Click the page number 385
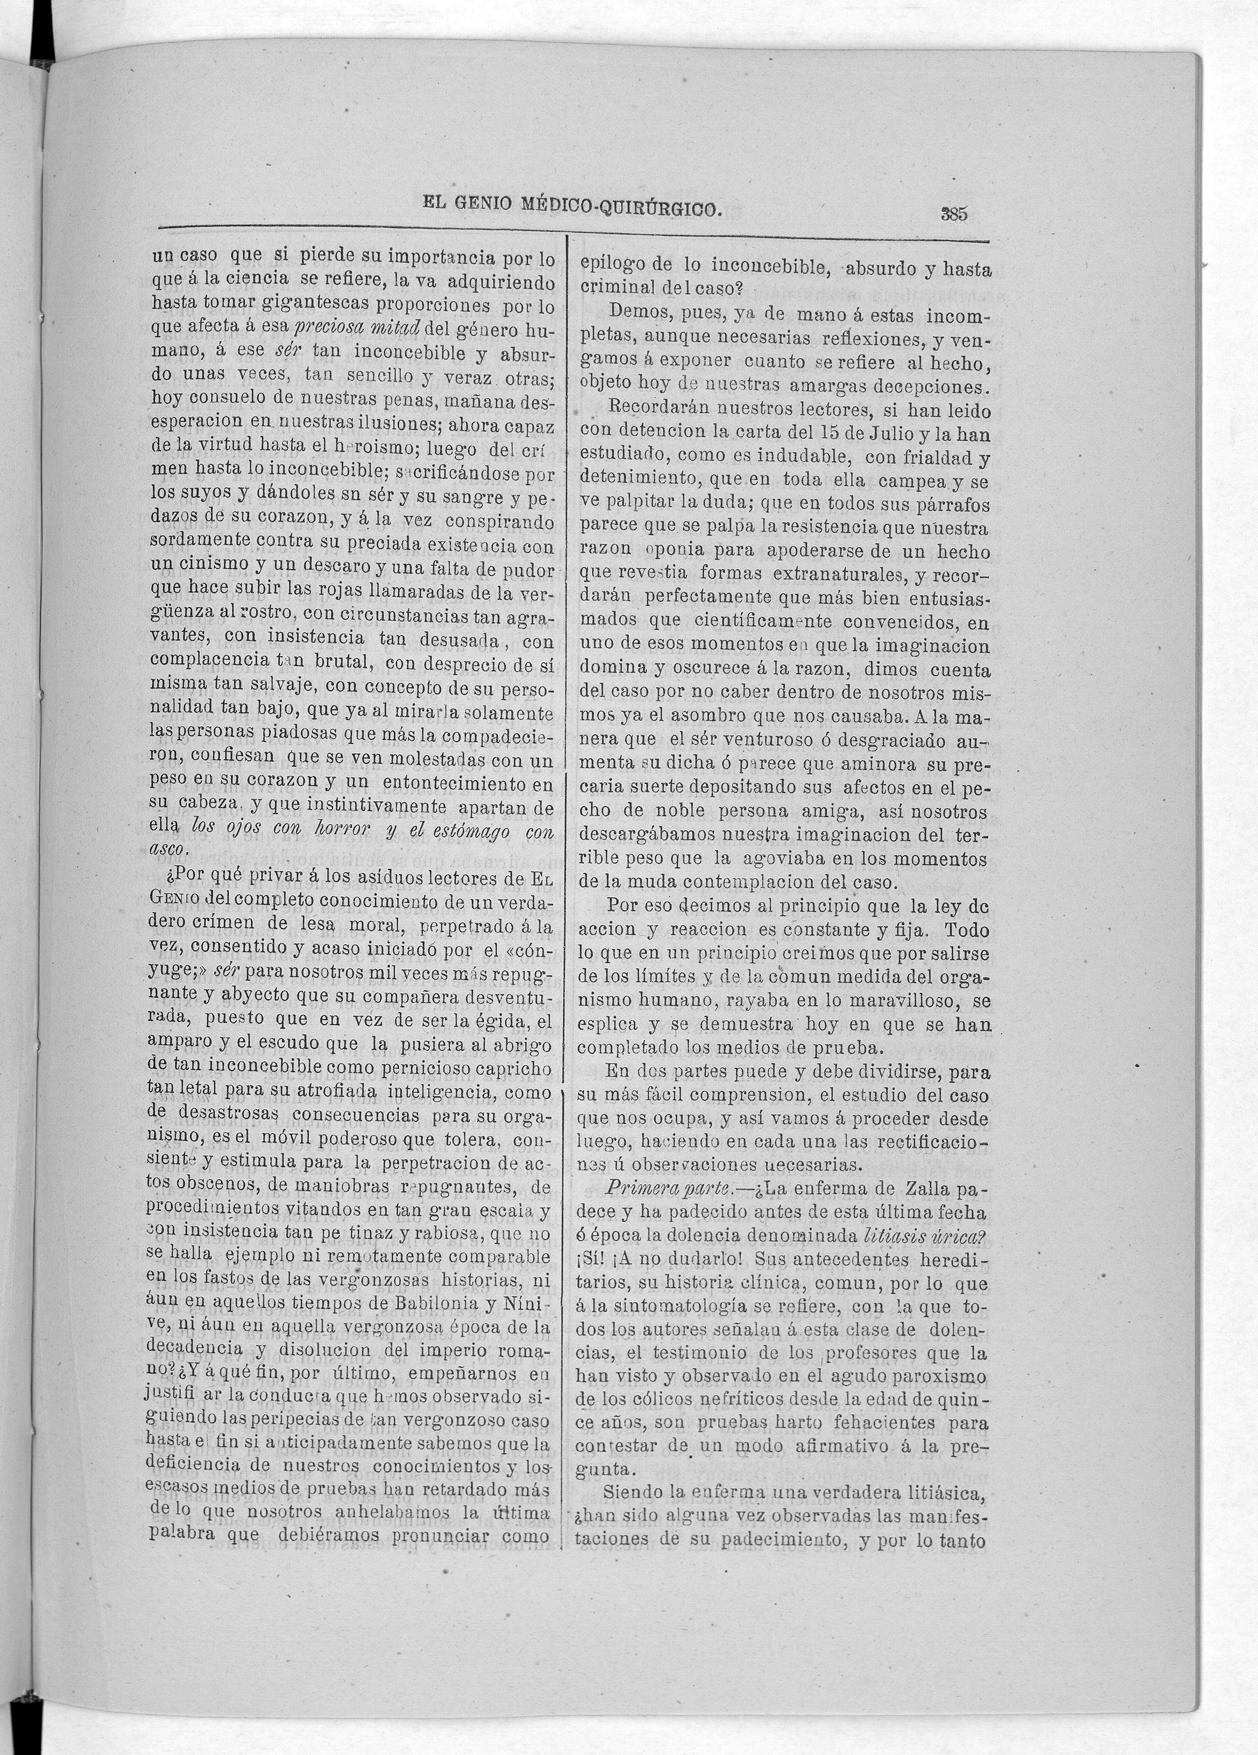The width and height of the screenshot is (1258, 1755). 954,214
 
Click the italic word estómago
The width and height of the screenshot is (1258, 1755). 469,830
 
